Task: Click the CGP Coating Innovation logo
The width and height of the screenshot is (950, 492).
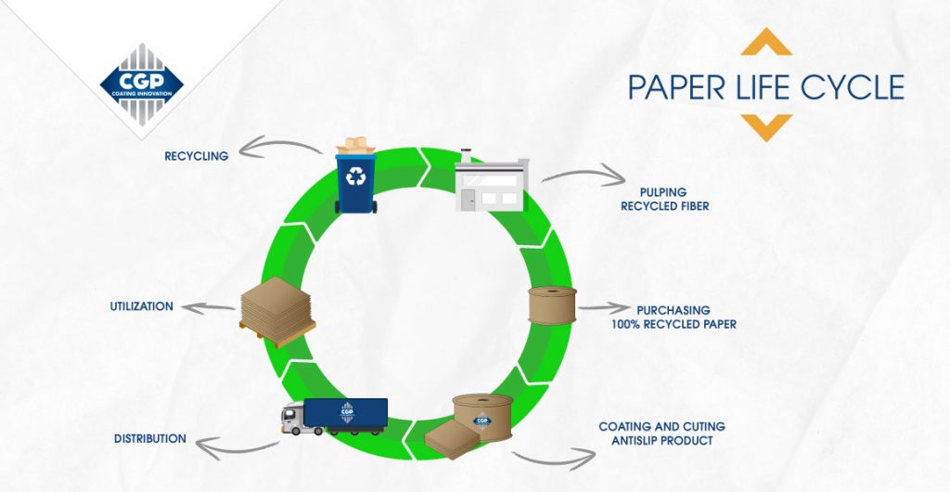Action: coord(141,84)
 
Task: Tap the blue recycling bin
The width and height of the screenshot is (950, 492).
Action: coord(355,182)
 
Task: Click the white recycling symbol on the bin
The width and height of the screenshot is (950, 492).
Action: coord(355,175)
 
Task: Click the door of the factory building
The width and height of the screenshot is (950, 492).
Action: coord(469,200)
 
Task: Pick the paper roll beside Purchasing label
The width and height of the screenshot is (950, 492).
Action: coord(552,305)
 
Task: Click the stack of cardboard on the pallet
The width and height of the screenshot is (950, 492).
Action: coord(277,311)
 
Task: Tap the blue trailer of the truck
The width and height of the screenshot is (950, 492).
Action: coord(345,412)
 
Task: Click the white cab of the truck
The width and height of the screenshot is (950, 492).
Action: coord(292,418)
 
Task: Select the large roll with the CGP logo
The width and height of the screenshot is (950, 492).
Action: coord(482,417)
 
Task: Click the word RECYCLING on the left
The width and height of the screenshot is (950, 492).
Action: coord(197,156)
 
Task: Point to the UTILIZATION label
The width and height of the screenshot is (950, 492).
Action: coord(141,306)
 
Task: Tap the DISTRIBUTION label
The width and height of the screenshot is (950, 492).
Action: coord(150,438)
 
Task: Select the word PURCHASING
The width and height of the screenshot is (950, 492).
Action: coord(674,311)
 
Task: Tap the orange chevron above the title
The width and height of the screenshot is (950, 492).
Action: coord(766,42)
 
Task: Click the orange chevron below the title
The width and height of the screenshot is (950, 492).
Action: coord(766,128)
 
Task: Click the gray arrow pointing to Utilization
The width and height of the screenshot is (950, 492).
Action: coord(207,308)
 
